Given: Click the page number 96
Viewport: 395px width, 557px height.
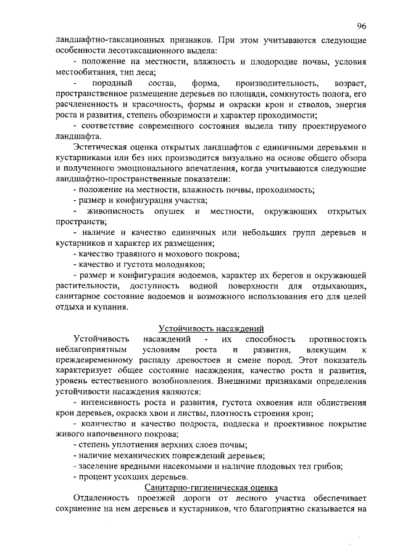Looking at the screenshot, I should tap(362, 26).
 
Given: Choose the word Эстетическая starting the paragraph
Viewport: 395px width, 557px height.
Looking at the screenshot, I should tap(100, 147).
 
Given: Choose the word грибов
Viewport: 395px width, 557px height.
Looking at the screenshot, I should tap(328, 466).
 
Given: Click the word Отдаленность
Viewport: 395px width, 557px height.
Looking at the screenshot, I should tap(103, 498).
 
